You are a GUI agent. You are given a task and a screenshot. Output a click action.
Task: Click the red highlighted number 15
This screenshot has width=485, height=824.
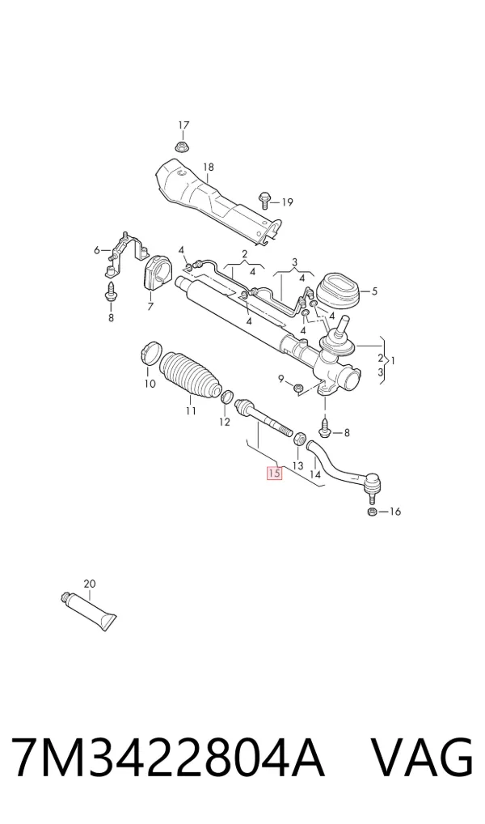[x=275, y=473]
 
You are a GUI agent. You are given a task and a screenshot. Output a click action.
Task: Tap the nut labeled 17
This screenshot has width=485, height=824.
[x=182, y=147]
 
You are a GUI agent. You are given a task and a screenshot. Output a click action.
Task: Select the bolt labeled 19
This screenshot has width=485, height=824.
[x=264, y=200]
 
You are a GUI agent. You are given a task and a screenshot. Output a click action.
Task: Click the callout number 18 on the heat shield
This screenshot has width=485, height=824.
[x=209, y=167]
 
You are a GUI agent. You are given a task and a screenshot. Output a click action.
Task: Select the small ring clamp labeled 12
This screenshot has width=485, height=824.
[x=228, y=397]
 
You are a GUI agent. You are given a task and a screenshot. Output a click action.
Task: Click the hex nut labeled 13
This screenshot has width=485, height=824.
[x=298, y=438]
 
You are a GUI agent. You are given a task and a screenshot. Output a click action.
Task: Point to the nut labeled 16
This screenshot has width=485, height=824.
[x=370, y=512]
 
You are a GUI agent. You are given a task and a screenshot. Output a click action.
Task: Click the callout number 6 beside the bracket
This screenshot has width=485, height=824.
[x=96, y=250]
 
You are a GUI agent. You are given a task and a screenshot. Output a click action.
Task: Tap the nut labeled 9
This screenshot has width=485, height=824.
[x=297, y=388]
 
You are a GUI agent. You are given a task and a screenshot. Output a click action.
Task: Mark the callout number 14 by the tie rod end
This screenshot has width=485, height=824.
[x=315, y=474]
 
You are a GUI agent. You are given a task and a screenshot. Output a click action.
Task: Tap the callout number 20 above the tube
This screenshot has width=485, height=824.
[x=89, y=584]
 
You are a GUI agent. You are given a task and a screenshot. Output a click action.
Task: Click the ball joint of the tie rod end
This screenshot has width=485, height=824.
[x=372, y=482]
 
